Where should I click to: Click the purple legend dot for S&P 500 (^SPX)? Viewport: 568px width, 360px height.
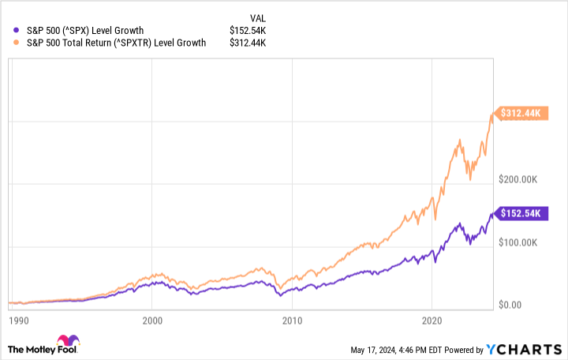pos(17,30)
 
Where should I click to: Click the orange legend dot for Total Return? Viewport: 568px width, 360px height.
pos(17,43)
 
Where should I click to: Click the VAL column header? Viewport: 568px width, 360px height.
pos(258,17)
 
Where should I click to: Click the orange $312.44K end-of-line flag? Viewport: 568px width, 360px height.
pos(519,114)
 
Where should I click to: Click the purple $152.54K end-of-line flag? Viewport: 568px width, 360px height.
pos(519,214)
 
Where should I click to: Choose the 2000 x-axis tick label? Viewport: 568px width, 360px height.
pos(152,321)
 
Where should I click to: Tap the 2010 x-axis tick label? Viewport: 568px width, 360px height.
pos(292,321)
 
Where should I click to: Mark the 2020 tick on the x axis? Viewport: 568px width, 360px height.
pos(432,321)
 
